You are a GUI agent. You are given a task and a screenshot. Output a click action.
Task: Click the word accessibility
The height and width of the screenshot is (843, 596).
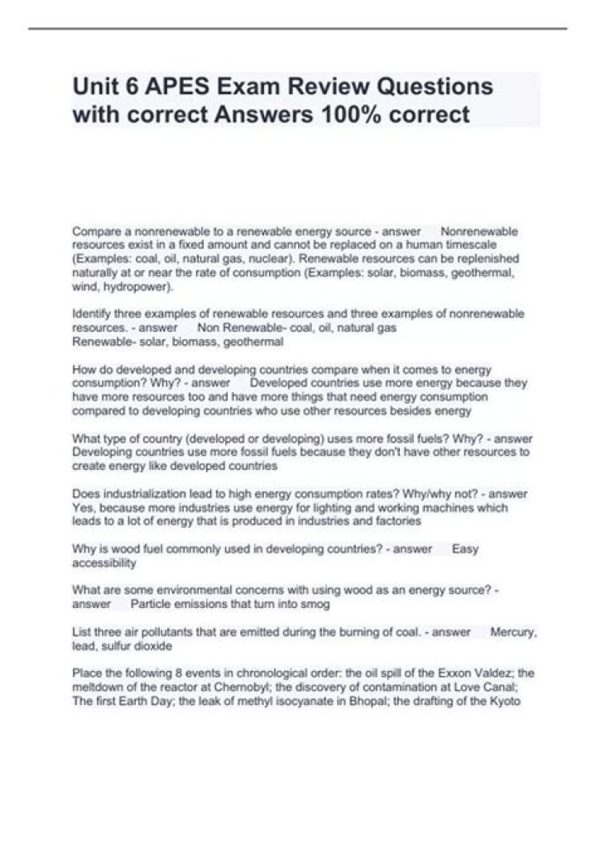(104, 563)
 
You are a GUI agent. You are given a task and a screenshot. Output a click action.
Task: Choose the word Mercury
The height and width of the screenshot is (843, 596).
(513, 633)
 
